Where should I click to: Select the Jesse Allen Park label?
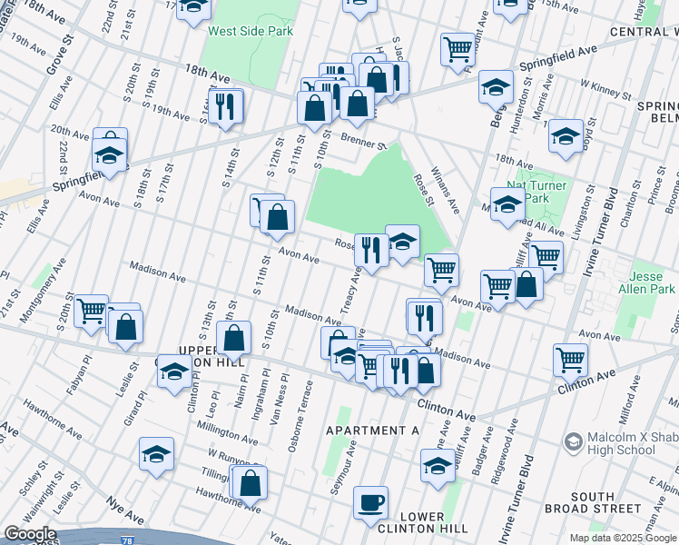[654, 282]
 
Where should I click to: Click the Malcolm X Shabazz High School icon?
[574, 442]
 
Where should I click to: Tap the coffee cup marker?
[370, 502]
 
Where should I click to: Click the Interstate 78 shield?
[126, 541]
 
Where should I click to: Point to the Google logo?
[29, 534]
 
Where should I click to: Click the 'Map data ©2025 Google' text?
[623, 538]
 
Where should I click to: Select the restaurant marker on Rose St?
[370, 250]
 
